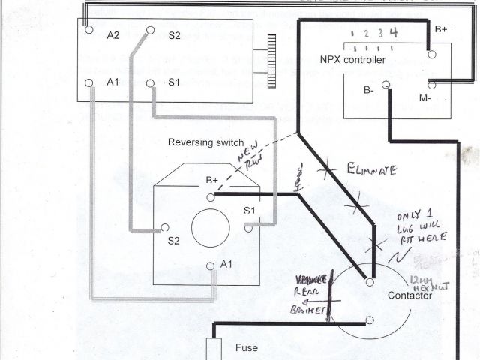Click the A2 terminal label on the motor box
114,36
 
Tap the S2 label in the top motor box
175,36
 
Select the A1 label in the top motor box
113,82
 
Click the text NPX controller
353,59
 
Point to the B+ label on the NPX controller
440,29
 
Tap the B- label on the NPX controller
368,90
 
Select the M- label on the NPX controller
425,97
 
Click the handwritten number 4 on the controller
393,32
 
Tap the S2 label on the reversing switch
174,241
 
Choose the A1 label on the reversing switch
227,265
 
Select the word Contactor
409,295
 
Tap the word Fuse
247,348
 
